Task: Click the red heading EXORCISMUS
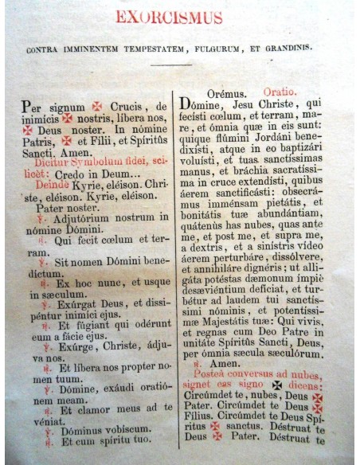(x=181, y=18)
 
